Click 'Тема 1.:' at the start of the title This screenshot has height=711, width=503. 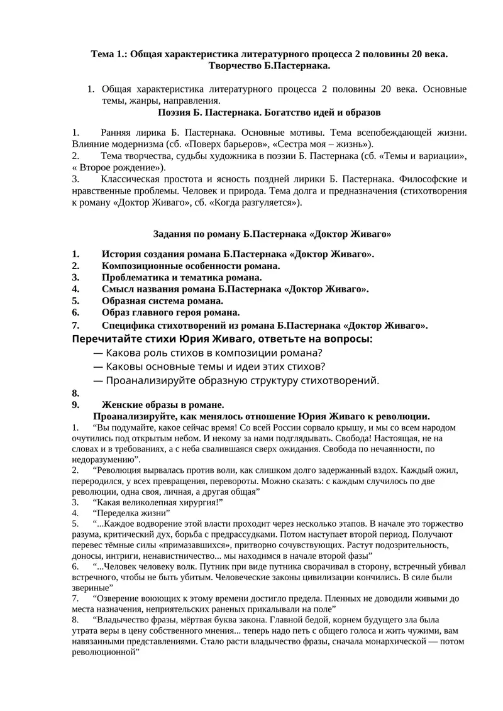(108, 55)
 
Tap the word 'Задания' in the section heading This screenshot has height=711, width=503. (174, 234)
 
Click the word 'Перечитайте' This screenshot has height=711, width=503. (104, 339)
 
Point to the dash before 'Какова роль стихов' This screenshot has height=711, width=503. (98, 353)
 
